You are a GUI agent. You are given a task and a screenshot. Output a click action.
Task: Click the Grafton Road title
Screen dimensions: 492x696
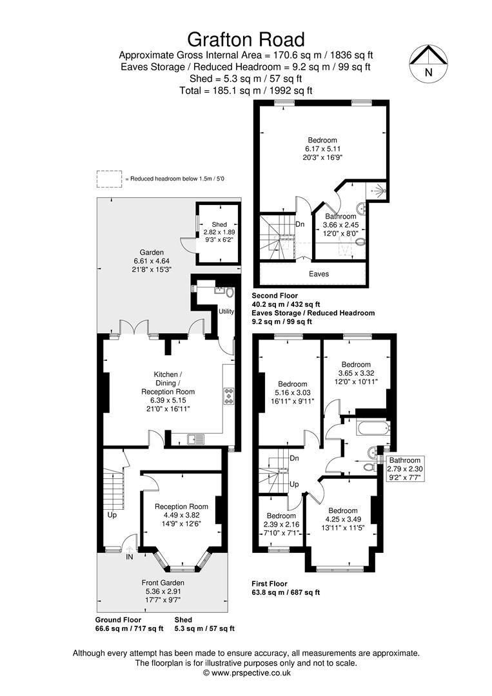(x=246, y=39)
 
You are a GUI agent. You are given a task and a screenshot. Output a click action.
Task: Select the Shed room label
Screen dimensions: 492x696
(x=219, y=225)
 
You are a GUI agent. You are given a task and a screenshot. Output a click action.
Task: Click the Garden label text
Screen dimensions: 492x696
(x=152, y=253)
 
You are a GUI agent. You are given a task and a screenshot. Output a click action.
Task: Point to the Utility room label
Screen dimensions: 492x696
(x=226, y=312)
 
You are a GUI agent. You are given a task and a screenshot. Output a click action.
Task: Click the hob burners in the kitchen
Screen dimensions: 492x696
(x=230, y=396)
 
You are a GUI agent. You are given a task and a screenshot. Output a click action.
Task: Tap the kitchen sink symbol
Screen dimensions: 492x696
(x=195, y=439)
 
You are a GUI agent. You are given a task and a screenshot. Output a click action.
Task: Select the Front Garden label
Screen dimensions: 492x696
(x=163, y=583)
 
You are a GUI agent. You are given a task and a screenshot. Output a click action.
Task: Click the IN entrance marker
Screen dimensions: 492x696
(x=129, y=557)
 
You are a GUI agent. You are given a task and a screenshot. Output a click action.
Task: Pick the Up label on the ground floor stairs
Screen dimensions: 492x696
(x=112, y=516)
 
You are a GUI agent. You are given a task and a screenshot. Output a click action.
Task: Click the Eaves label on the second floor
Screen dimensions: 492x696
(x=319, y=275)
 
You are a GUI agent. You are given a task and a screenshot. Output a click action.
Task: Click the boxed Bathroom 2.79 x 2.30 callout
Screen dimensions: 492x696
(x=404, y=469)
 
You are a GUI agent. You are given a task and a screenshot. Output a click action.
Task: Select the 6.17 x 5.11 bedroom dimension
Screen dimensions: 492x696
(x=322, y=149)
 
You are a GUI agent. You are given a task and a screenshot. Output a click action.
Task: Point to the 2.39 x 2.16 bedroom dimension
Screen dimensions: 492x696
(x=281, y=524)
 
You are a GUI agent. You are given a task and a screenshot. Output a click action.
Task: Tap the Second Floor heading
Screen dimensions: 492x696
(x=275, y=296)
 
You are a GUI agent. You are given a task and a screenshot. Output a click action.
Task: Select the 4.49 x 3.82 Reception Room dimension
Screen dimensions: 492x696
(x=181, y=516)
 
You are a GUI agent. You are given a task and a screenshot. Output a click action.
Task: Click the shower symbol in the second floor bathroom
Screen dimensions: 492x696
(x=377, y=191)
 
